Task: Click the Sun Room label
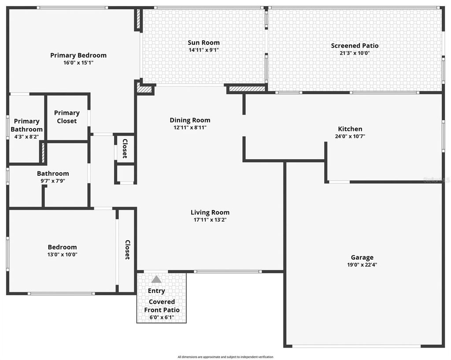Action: (203, 43)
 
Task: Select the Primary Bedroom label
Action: (78, 56)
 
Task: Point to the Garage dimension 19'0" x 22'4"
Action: (362, 265)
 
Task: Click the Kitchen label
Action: (350, 129)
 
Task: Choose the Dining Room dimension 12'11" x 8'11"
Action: (190, 127)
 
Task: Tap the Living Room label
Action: (210, 212)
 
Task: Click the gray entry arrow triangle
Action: (156, 279)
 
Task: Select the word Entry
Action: (156, 291)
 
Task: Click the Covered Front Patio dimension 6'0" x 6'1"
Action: (162, 317)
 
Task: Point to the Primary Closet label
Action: (67, 117)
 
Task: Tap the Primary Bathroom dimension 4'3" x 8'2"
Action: (26, 137)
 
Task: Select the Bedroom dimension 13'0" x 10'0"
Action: (63, 254)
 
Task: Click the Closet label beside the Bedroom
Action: (127, 249)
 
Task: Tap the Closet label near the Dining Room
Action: (125, 148)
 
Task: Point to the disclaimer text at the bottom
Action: (225, 357)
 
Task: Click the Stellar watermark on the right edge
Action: (436, 180)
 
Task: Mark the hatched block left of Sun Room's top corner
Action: (137, 20)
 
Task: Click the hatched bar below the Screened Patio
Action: (247, 89)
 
